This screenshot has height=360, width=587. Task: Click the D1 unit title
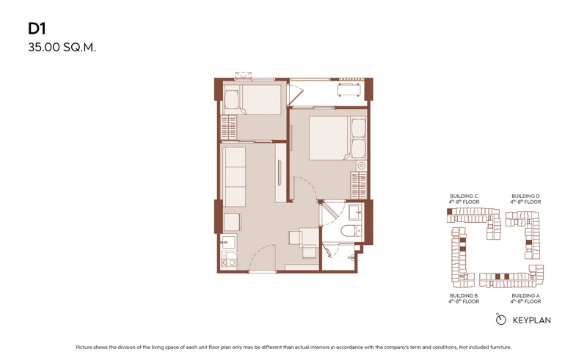click(37, 29)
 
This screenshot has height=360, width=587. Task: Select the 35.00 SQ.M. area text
click(62, 48)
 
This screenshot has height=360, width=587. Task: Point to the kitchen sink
click(228, 241)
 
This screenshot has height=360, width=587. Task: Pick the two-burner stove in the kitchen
click(228, 260)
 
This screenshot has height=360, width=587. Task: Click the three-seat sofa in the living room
click(234, 177)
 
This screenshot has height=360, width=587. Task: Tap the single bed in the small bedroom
click(252, 100)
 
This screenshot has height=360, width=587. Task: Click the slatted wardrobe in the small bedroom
click(229, 128)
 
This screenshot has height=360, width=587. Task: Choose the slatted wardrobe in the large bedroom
click(359, 185)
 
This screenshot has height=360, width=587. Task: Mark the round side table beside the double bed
click(362, 166)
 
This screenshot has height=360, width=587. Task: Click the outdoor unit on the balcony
click(349, 90)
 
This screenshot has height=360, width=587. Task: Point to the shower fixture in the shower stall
click(352, 257)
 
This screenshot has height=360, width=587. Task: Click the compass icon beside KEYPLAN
click(500, 320)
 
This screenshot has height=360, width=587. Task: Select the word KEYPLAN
click(531, 320)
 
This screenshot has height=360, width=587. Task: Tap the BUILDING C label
click(464, 196)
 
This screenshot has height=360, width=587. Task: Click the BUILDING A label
click(525, 295)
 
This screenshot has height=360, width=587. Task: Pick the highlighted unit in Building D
click(528, 243)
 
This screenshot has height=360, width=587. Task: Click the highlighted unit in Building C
click(450, 212)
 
